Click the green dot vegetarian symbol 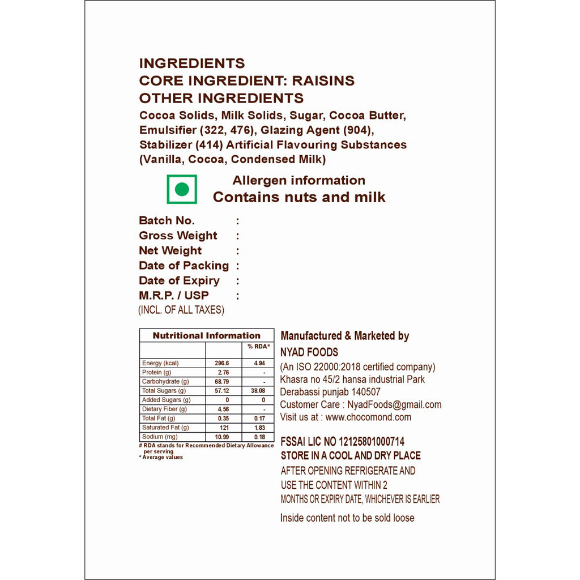tap(182, 189)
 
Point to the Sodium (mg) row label tap(160, 437)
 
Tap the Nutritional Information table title tap(206, 335)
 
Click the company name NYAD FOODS tap(309, 352)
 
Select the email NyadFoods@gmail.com tap(395, 404)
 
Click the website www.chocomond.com tap(368, 417)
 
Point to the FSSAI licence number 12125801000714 tap(372, 442)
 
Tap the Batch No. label tap(167, 221)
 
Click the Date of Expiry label tap(179, 280)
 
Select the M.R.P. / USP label tap(173, 296)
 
